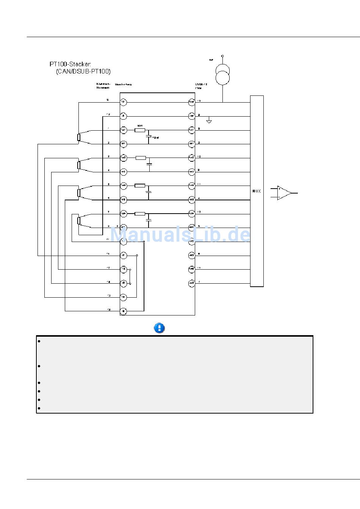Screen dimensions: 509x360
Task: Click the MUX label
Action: pyautogui.click(x=257, y=191)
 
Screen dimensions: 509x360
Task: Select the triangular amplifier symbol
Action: pyautogui.click(x=284, y=193)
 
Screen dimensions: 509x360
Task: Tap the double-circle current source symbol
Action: pyautogui.click(x=222, y=74)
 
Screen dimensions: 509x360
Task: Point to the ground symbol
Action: pyautogui.click(x=209, y=122)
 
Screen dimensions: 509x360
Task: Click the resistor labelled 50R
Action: pyautogui.click(x=140, y=130)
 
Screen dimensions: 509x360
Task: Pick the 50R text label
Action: pyautogui.click(x=140, y=125)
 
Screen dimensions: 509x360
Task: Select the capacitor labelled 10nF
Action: pyautogui.click(x=149, y=136)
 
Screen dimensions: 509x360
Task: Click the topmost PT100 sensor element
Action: pyautogui.click(x=78, y=137)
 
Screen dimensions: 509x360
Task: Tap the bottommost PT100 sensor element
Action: pyautogui.click(x=78, y=221)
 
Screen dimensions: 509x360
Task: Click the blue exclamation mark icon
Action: pyautogui.click(x=160, y=328)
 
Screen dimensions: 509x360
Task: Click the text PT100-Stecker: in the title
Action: pyautogui.click(x=70, y=64)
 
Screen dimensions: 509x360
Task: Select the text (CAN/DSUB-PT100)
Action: pyautogui.click(x=83, y=71)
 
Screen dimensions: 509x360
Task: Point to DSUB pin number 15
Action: pyautogui.click(x=199, y=101)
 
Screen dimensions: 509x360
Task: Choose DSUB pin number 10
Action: pyautogui.click(x=199, y=156)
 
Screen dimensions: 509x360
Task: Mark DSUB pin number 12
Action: pyautogui.click(x=199, y=212)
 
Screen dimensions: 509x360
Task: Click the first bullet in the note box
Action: pyautogui.click(x=39, y=341)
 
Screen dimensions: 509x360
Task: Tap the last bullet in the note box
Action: pyautogui.click(x=39, y=408)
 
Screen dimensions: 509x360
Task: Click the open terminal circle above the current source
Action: pyautogui.click(x=222, y=56)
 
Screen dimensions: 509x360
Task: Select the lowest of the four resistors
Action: pyautogui.click(x=140, y=214)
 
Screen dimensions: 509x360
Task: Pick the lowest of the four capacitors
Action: pyautogui.click(x=149, y=220)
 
